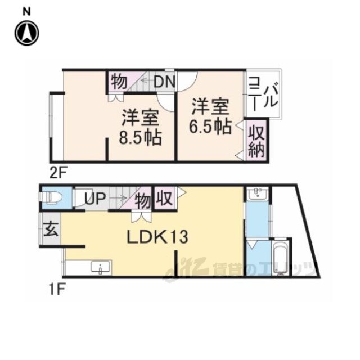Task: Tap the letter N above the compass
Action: click(26, 12)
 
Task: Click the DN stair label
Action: click(165, 82)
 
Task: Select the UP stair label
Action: click(95, 198)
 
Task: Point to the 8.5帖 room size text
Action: click(140, 137)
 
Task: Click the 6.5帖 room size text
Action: click(210, 126)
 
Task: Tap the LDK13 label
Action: click(157, 237)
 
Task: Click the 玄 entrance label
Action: click(51, 229)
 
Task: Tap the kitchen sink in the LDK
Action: click(101, 267)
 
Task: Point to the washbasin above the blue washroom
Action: click(258, 193)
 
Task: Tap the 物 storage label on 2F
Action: click(119, 82)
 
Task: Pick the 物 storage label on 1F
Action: click(143, 201)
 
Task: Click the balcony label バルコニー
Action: click(264, 94)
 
